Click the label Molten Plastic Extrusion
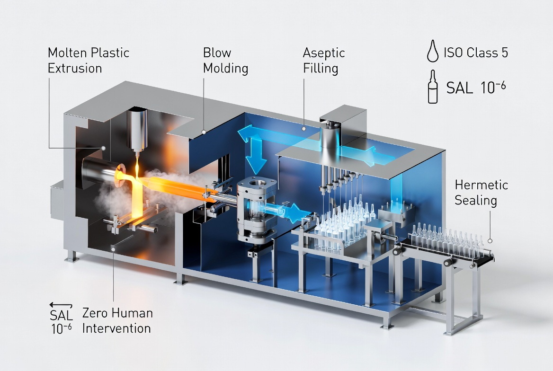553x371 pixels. point(89,60)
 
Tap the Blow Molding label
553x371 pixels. point(226,60)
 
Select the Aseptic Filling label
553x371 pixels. point(324,60)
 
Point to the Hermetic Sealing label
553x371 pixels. point(481,193)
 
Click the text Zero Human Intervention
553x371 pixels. point(117,320)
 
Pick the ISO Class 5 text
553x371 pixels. point(476,53)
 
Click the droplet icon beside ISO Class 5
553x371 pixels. point(432,51)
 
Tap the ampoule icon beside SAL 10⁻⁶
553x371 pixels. point(433,87)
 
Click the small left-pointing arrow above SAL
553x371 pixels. point(61,305)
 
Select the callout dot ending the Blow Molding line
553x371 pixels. point(204,132)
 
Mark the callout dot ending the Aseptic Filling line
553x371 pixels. point(303,129)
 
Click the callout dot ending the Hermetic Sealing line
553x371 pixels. point(490,241)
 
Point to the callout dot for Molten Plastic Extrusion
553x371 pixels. point(103,148)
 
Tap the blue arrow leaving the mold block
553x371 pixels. point(285,211)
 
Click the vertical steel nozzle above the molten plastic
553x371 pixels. point(137,131)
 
